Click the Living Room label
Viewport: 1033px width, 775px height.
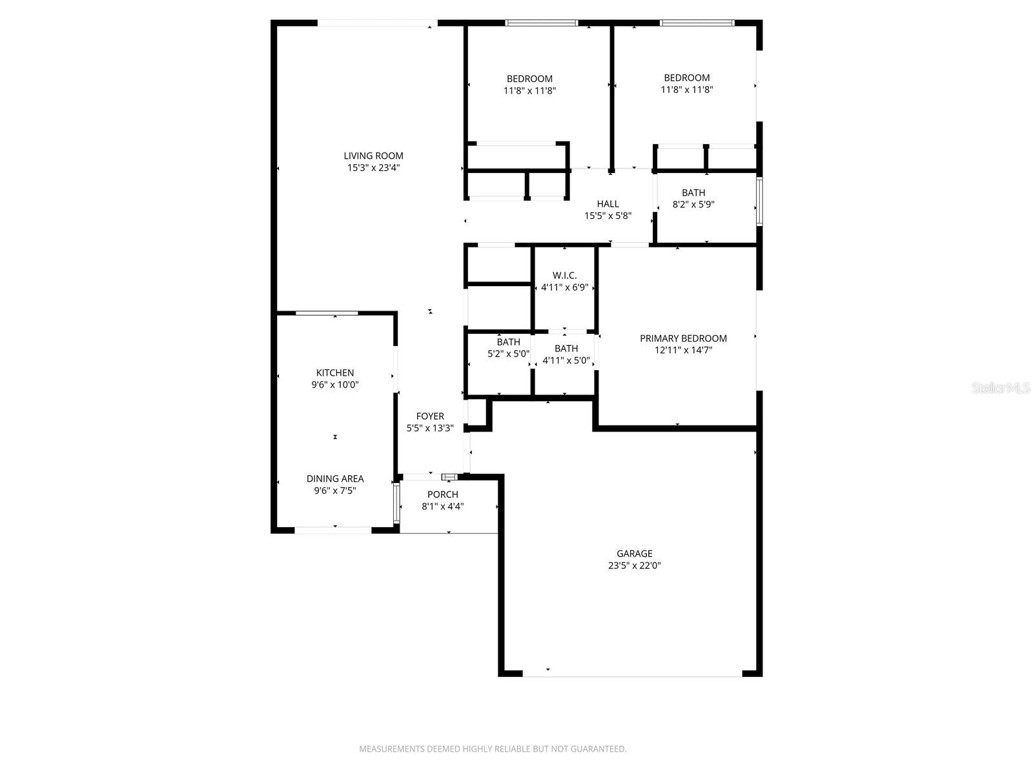click(x=373, y=156)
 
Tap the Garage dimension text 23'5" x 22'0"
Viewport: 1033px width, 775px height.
click(x=634, y=566)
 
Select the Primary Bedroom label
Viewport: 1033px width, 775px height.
click(x=683, y=338)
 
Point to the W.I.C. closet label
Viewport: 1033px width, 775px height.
click(x=565, y=276)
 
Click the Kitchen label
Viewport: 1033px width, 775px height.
click(x=334, y=373)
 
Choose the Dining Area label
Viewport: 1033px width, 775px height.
click(x=334, y=479)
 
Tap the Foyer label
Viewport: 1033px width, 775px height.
click(x=430, y=417)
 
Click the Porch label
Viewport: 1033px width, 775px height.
click(x=443, y=495)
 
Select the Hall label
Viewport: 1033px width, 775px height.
click(x=608, y=204)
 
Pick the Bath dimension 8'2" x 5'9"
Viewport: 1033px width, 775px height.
click(x=693, y=205)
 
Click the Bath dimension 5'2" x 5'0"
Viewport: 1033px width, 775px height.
click(x=508, y=354)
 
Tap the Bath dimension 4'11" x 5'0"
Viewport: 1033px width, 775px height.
click(x=566, y=360)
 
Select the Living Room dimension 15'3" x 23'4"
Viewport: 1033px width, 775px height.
click(x=373, y=168)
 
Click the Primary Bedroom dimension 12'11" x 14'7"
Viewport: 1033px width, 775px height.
click(x=683, y=351)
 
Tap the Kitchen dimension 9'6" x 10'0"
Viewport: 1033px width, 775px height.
click(x=334, y=385)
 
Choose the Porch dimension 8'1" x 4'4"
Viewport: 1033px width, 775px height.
click(x=443, y=507)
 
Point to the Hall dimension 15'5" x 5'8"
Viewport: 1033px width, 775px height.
click(x=608, y=216)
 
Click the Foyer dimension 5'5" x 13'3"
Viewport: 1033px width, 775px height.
click(x=430, y=428)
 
